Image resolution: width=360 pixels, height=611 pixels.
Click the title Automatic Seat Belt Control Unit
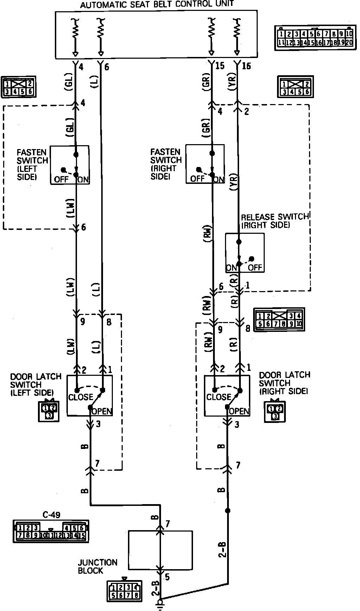tap(157, 5)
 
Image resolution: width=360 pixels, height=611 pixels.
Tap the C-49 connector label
tap(51, 515)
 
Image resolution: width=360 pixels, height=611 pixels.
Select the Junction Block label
tap(92, 566)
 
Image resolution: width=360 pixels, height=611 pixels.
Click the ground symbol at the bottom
tap(161, 603)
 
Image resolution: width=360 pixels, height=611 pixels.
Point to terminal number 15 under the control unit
tap(220, 66)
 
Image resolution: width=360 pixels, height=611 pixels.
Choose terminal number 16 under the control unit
tap(246, 66)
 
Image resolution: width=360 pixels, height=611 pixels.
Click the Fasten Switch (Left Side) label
tap(32, 165)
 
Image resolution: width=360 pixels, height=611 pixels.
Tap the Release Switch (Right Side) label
tap(275, 221)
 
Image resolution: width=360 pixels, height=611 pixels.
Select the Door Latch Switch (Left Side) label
tap(36, 384)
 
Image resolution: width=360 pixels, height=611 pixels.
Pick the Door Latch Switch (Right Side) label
tap(284, 383)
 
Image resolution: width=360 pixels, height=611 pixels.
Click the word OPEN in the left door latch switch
tap(102, 411)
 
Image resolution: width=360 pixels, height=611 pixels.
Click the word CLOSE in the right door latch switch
tap(219, 397)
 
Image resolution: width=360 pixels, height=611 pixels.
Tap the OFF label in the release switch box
tap(255, 268)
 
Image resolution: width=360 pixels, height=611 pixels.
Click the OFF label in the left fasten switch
tap(61, 180)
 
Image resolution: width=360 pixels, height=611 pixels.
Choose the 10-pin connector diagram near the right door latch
tap(279, 320)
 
